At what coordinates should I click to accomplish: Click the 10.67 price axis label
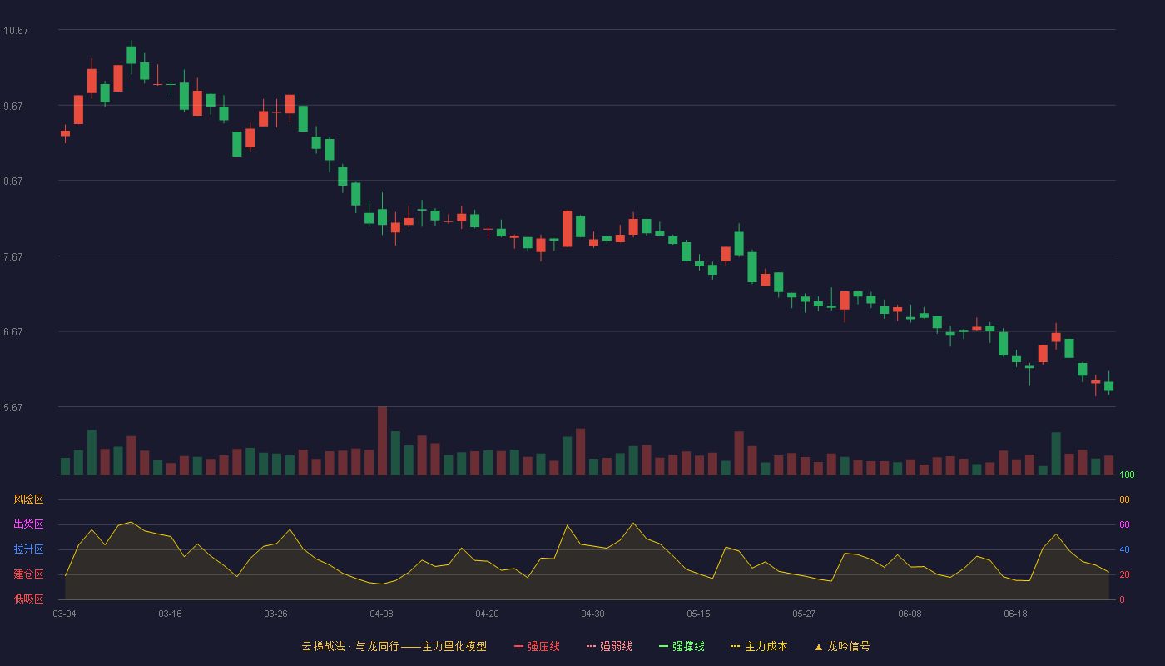pos(16,31)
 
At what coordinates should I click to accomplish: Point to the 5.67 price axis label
pos(13,407)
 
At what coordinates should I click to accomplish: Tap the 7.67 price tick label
pos(13,257)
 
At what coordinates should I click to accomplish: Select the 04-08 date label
pos(381,614)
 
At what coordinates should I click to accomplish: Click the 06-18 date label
pos(1015,614)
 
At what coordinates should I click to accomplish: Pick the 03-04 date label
pos(65,614)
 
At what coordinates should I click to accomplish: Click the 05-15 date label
pos(698,614)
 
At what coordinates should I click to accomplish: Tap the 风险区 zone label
pos(28,499)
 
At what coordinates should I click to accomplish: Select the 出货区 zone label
pos(28,524)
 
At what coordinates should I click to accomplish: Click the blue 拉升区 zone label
pos(28,549)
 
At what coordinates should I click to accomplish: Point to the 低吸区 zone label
pos(28,599)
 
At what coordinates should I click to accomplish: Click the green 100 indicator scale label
pos(1127,475)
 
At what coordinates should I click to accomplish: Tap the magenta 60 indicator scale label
pos(1124,524)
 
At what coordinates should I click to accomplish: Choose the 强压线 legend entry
pos(537,646)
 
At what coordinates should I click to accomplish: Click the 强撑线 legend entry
pos(682,646)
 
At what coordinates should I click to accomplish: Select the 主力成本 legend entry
pos(759,646)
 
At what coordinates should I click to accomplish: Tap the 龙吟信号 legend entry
pos(842,646)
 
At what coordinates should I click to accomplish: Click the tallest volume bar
pos(382,440)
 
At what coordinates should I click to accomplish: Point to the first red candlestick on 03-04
pos(65,133)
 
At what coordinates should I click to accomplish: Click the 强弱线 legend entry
pos(609,646)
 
